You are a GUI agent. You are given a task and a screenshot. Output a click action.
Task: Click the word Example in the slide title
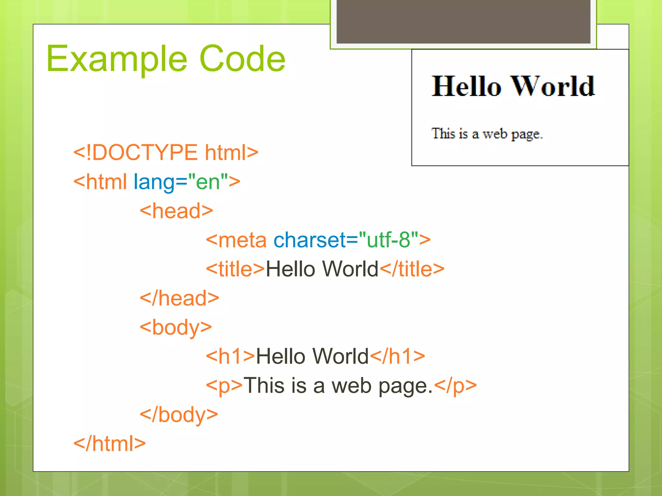tap(116, 59)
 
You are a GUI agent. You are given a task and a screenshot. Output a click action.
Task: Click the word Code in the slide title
tap(242, 59)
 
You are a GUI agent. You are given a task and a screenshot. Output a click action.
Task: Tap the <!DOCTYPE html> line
tap(166, 152)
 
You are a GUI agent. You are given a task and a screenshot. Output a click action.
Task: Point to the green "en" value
tap(208, 182)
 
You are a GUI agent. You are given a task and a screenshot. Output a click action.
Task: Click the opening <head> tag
tap(176, 211)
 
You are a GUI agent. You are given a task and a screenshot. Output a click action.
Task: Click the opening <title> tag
tap(235, 269)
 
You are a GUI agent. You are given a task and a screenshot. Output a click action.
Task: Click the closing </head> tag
tap(179, 298)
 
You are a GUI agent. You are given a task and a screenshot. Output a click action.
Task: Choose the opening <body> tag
tap(176, 327)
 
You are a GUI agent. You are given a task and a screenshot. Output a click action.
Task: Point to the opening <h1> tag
tap(230, 356)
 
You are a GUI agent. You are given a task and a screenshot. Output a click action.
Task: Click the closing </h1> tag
tap(397, 356)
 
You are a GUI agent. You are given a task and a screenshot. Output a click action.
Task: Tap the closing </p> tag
tap(455, 386)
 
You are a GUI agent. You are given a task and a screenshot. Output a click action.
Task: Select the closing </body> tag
tap(179, 415)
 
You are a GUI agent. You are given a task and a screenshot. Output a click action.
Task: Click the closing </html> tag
tap(110, 444)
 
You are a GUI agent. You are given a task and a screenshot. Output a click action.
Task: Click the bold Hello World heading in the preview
tap(513, 87)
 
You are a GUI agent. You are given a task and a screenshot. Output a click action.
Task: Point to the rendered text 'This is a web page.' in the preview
tap(487, 134)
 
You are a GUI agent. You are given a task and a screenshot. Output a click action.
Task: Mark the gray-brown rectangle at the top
tap(463, 21)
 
